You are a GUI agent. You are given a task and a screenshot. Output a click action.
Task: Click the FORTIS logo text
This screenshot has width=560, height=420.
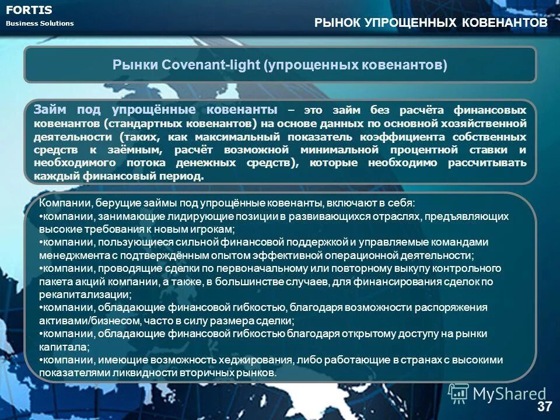29,10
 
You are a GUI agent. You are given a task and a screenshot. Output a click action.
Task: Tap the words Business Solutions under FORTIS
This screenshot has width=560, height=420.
40,23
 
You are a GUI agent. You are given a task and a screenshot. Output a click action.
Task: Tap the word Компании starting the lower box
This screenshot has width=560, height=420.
64,203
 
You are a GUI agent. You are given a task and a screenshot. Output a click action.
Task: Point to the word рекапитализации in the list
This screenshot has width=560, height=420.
82,295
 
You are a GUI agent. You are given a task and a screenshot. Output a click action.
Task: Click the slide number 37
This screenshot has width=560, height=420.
544,407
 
